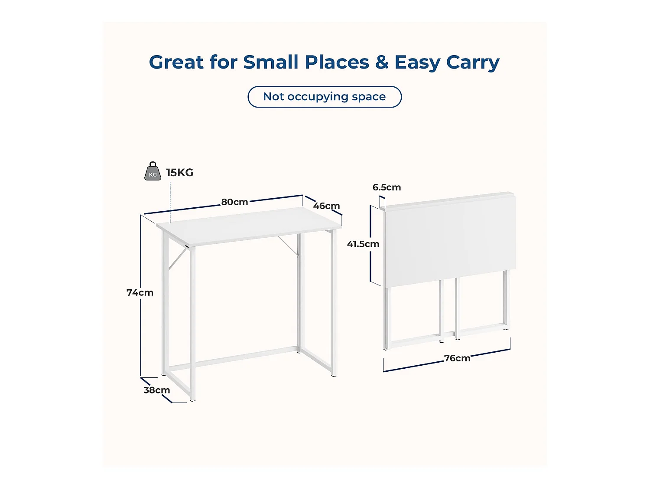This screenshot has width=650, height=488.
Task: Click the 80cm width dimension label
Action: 234,202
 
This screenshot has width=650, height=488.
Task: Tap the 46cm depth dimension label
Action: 326,206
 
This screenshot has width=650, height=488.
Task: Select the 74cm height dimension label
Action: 140,293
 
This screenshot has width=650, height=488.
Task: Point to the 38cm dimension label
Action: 156,390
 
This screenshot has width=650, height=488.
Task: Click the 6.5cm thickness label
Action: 387,187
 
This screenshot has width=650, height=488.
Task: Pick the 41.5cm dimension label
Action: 363,244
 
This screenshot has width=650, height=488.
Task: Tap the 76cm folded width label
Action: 457,358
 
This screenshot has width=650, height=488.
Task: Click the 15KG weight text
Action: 180,173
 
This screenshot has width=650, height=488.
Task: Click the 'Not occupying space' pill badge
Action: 325,97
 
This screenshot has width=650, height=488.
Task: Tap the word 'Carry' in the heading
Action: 473,62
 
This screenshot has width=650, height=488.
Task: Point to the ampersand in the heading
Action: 382,62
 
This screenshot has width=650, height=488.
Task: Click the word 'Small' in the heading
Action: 270,62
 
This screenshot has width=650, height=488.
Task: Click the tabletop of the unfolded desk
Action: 249,226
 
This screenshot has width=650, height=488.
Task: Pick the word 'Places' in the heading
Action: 336,62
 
